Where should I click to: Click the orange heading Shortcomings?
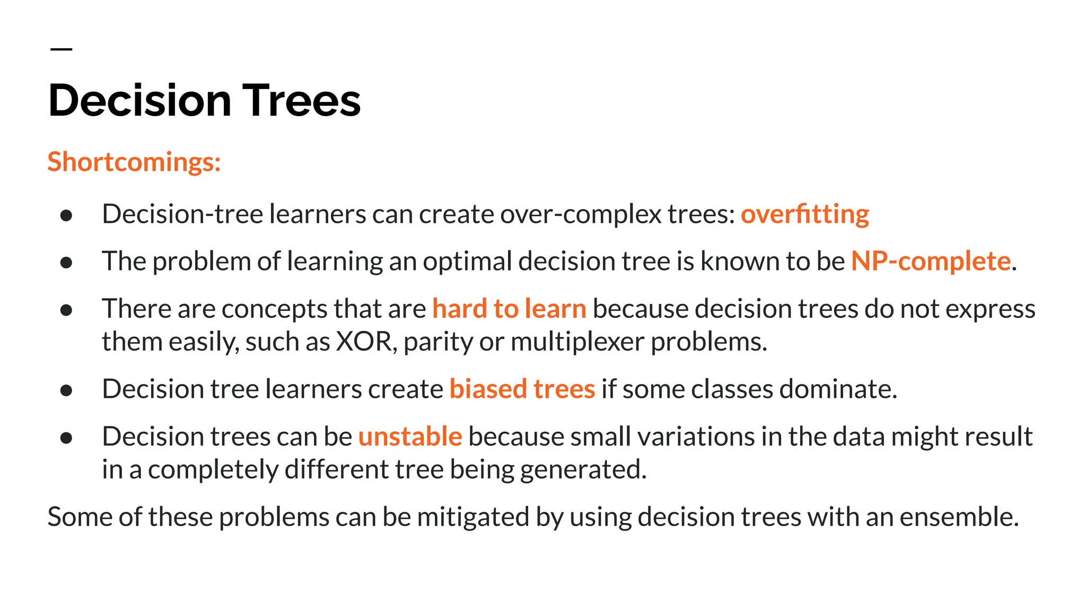pos(134,162)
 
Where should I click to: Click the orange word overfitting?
pos(804,214)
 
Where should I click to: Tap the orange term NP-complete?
pos(931,261)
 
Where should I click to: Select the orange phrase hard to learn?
pos(509,309)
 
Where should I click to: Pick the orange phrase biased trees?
pos(522,389)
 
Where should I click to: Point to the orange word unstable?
pos(410,437)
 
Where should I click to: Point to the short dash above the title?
pos(61,49)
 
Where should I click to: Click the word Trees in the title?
pos(302,101)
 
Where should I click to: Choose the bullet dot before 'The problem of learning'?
pos(66,262)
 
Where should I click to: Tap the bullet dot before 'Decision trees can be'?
pos(66,438)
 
